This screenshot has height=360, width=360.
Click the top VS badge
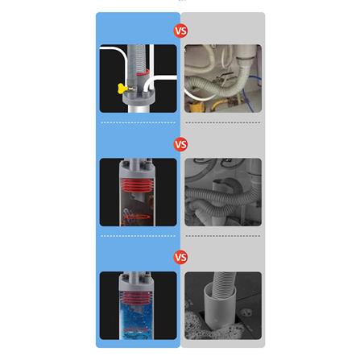(180, 31)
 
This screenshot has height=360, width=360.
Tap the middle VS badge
(180, 144)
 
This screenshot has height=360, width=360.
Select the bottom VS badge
(180, 257)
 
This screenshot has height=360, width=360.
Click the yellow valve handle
(122, 89)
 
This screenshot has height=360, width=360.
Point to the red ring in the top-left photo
(143, 73)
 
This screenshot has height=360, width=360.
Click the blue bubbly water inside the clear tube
(137, 320)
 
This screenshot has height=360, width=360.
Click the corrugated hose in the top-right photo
(215, 87)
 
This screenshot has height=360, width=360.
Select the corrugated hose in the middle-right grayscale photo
(223, 197)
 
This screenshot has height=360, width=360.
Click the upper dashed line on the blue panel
(138, 122)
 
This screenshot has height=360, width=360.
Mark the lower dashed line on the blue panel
(138, 236)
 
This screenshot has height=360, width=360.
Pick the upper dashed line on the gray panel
(223, 122)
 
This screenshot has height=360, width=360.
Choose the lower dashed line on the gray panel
(223, 236)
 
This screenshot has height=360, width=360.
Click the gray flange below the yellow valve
(139, 98)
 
